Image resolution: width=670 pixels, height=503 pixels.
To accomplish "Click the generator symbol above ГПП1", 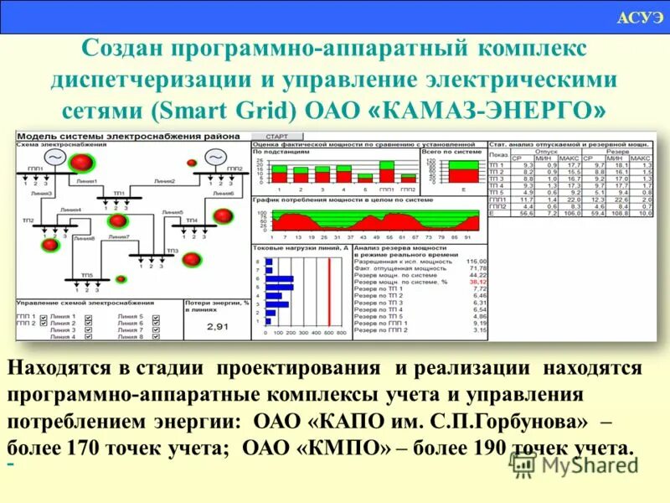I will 55,158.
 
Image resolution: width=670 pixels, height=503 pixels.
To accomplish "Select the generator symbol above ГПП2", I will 216,157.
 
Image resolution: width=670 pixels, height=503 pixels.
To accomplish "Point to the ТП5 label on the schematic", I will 86,276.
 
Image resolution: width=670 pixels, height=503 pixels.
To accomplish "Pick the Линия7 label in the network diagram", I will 118,237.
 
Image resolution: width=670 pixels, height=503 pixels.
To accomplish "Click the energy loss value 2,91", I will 217,326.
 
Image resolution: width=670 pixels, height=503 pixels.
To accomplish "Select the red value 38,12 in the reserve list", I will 477,283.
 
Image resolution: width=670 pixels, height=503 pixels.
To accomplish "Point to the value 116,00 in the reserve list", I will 475,262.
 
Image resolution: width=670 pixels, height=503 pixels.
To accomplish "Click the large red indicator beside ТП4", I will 223,217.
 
